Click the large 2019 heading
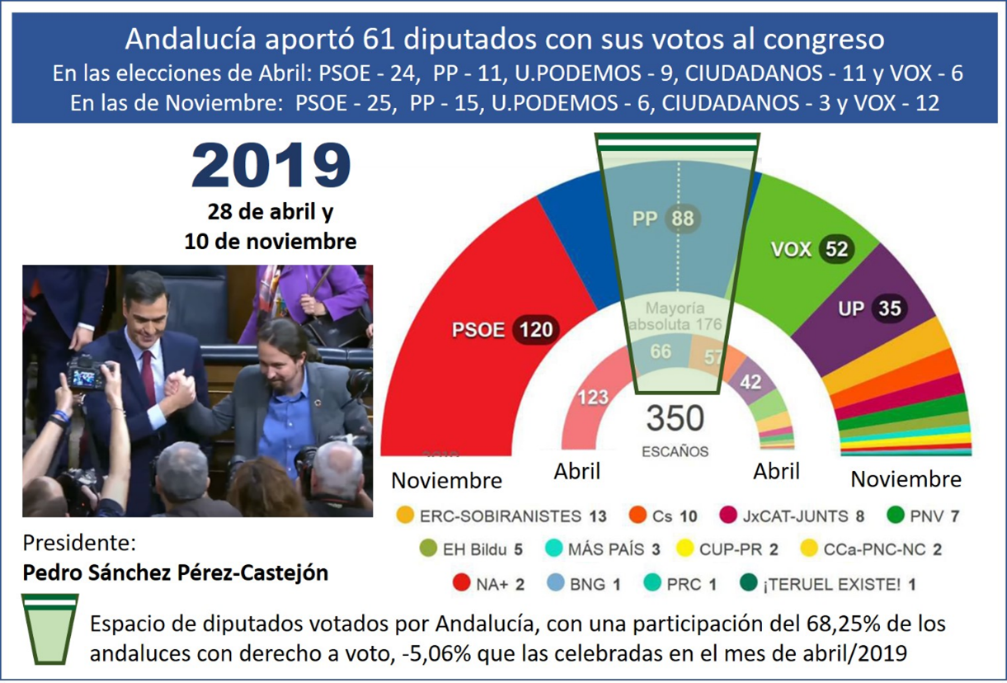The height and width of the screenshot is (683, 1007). pos(271,166)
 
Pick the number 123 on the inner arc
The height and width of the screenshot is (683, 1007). pos(592,396)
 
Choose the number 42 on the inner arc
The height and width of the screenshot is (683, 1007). pos(750,382)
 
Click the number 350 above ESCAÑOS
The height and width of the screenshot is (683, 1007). pos(675,418)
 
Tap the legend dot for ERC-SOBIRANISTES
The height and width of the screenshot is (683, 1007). pos(406,516)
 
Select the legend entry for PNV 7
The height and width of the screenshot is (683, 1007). pos(924,516)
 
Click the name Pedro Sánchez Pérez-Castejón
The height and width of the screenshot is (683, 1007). pos(175,572)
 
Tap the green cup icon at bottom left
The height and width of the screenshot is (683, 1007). pos(49,628)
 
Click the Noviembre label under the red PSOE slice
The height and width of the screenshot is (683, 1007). pos(446,479)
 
